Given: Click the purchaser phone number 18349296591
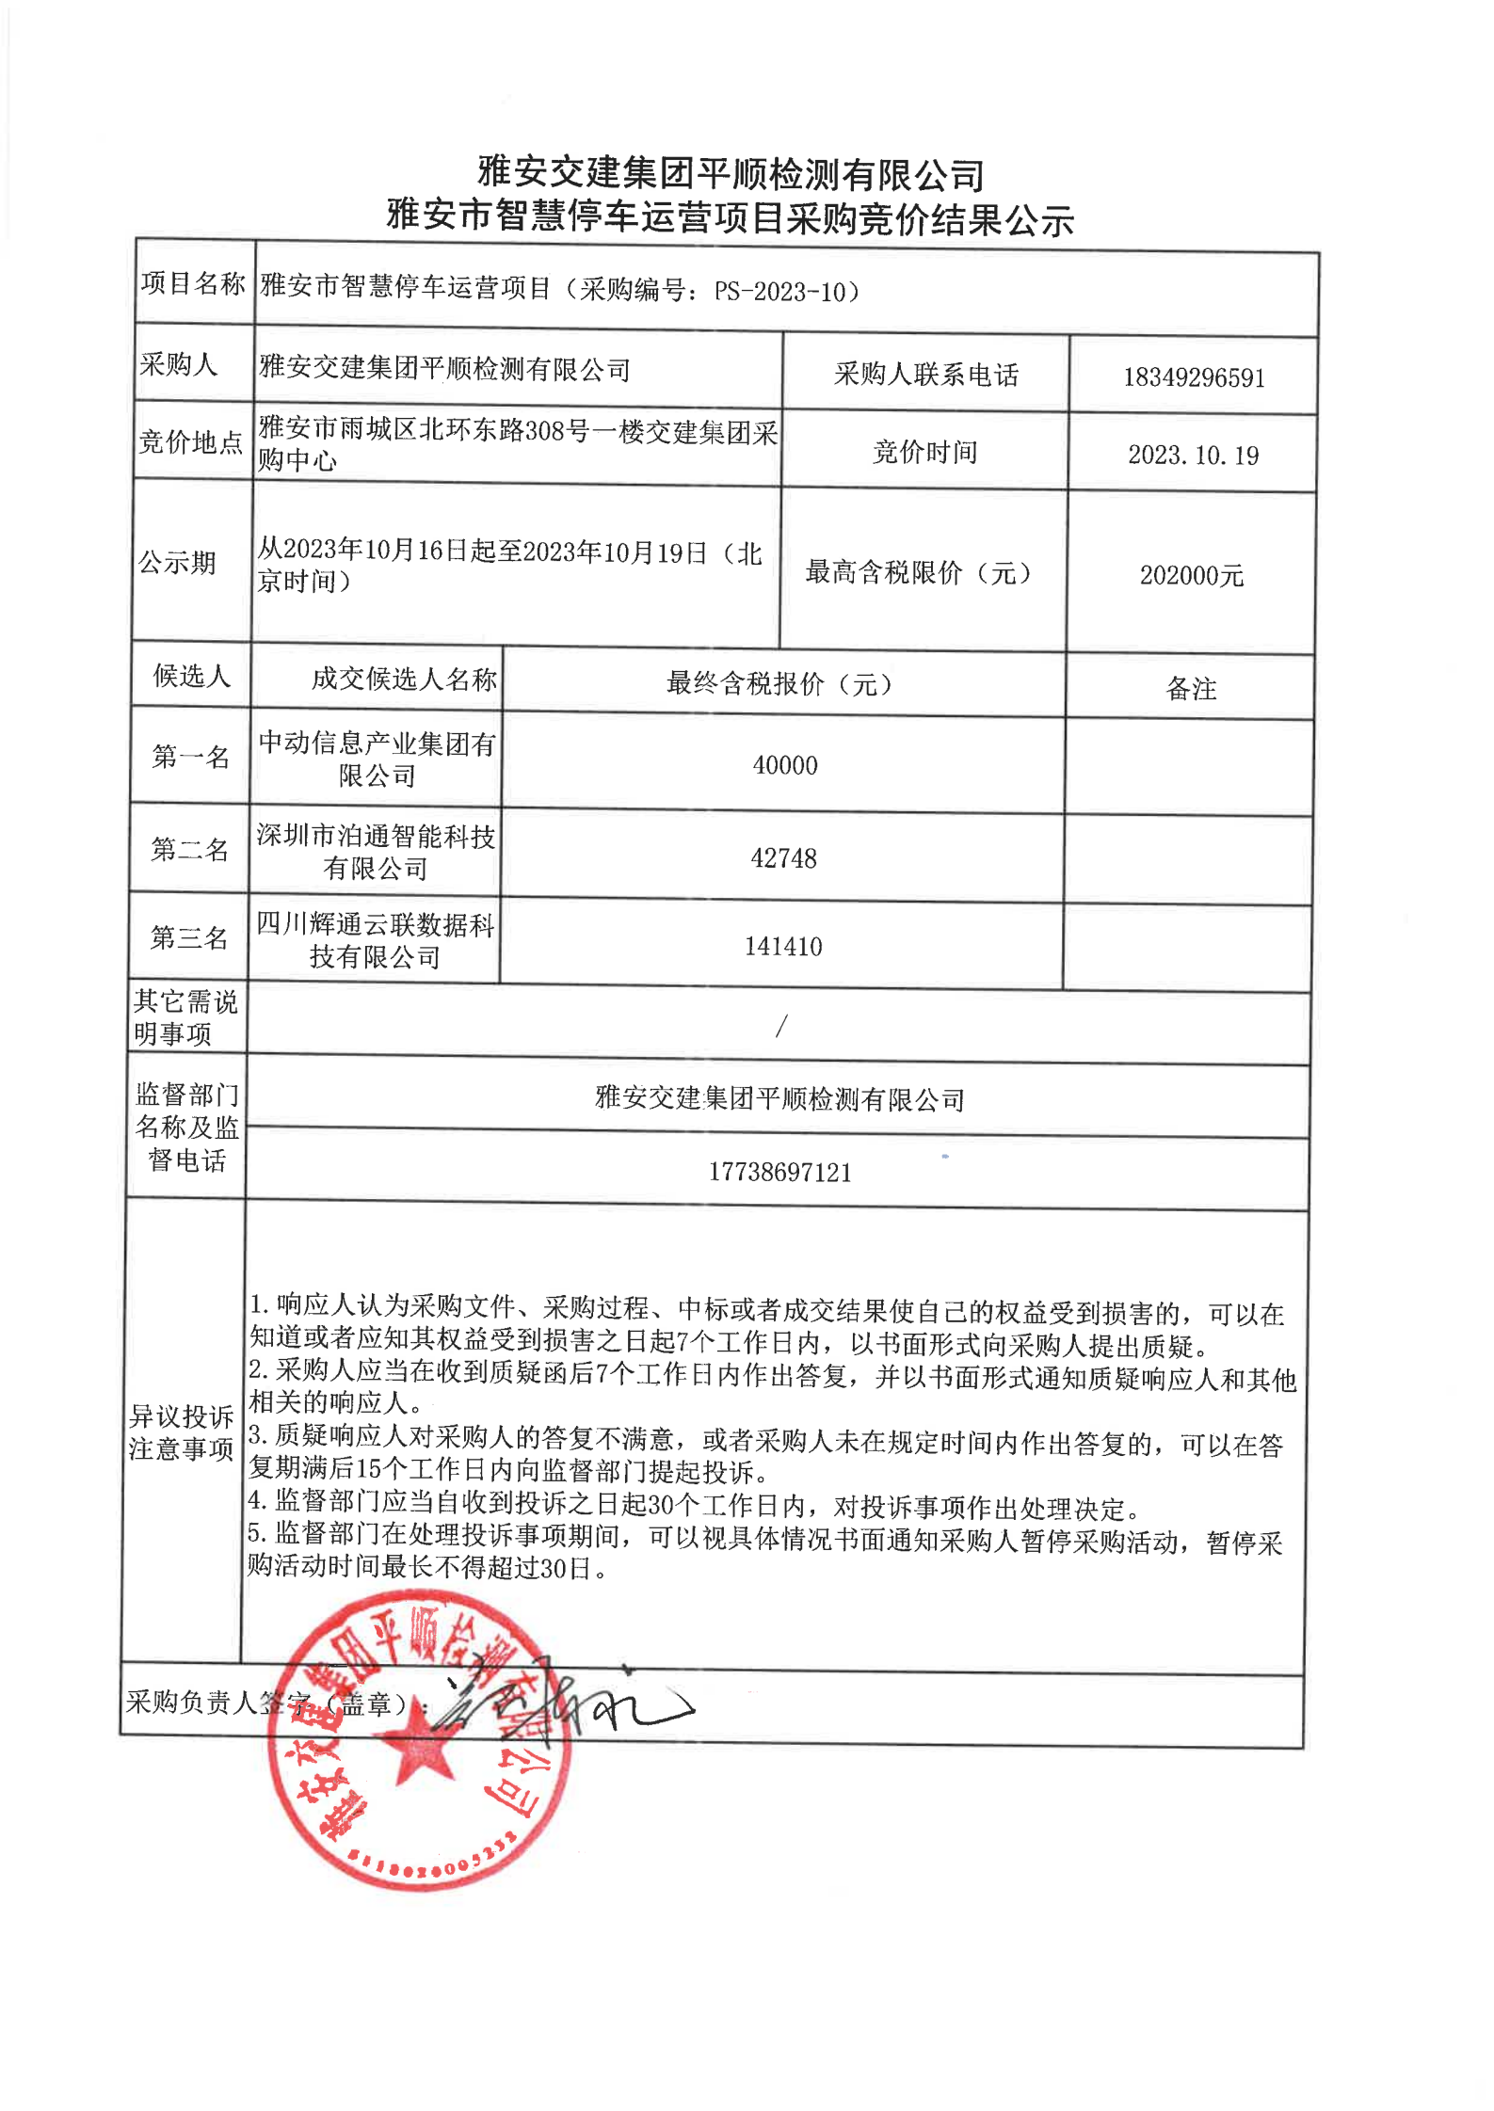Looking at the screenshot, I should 1193,377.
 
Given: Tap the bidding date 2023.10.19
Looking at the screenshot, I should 1193,456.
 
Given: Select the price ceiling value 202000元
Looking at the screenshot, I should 1191,575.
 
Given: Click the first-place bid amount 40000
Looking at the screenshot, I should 784,765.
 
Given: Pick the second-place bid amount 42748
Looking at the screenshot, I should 783,858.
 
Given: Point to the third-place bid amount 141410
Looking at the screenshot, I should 782,946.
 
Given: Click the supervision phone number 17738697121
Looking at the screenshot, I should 779,1172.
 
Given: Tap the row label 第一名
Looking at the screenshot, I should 191,757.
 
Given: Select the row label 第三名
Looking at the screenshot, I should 189,937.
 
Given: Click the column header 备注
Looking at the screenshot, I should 1191,689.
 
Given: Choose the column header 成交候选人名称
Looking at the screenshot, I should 404,679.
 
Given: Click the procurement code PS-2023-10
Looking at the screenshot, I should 780,292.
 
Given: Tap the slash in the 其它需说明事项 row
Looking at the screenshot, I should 780,1026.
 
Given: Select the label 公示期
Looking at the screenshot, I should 178,563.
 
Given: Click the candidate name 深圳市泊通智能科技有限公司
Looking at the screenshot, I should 376,852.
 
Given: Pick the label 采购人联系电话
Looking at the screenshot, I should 925,375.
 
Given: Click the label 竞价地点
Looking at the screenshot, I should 191,441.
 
